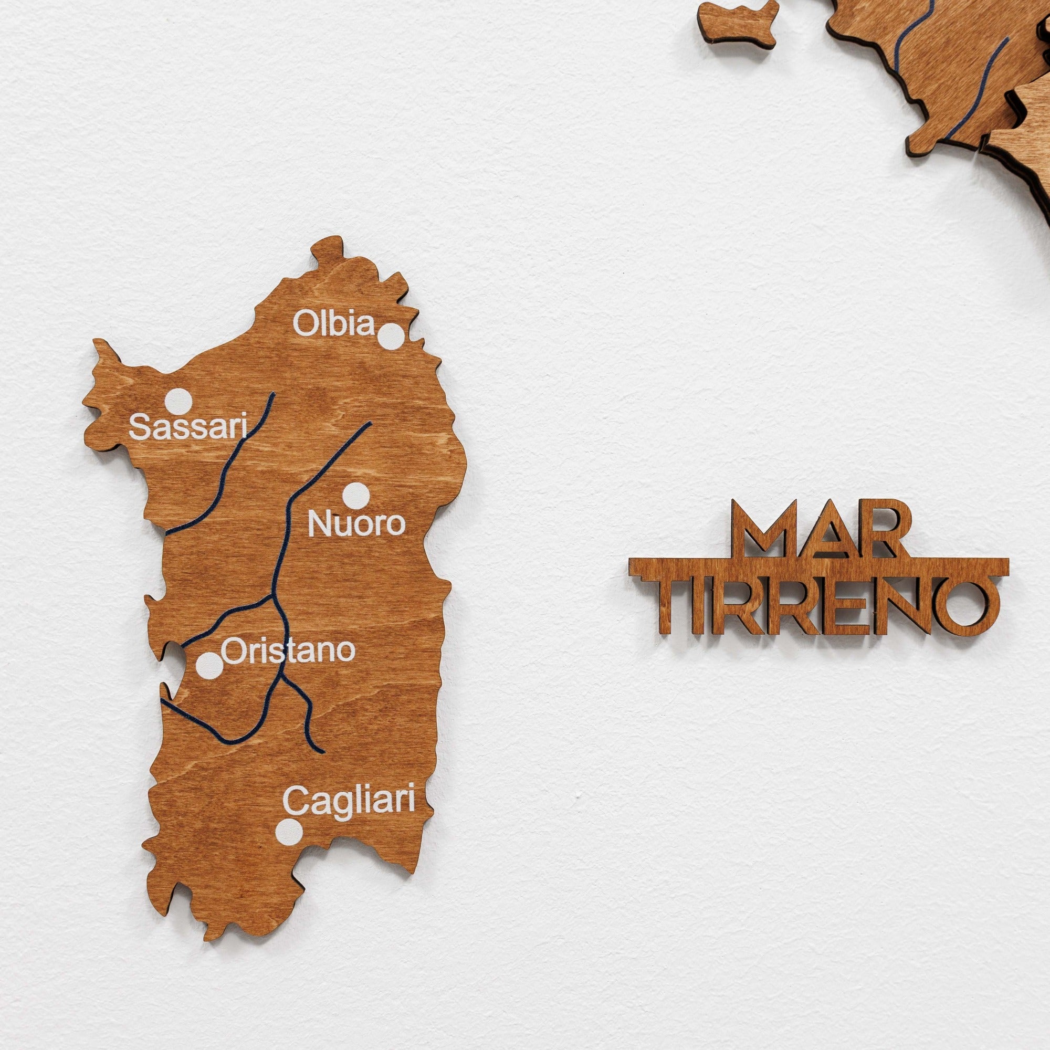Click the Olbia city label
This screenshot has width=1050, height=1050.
click(x=334, y=324)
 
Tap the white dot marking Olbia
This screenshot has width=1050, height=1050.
click(x=391, y=335)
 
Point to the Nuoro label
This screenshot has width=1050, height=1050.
click(x=356, y=523)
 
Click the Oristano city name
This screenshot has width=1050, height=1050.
click(x=288, y=651)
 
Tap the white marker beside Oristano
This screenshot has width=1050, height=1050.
click(x=209, y=666)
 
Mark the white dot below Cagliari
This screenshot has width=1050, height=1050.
click(x=289, y=832)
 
